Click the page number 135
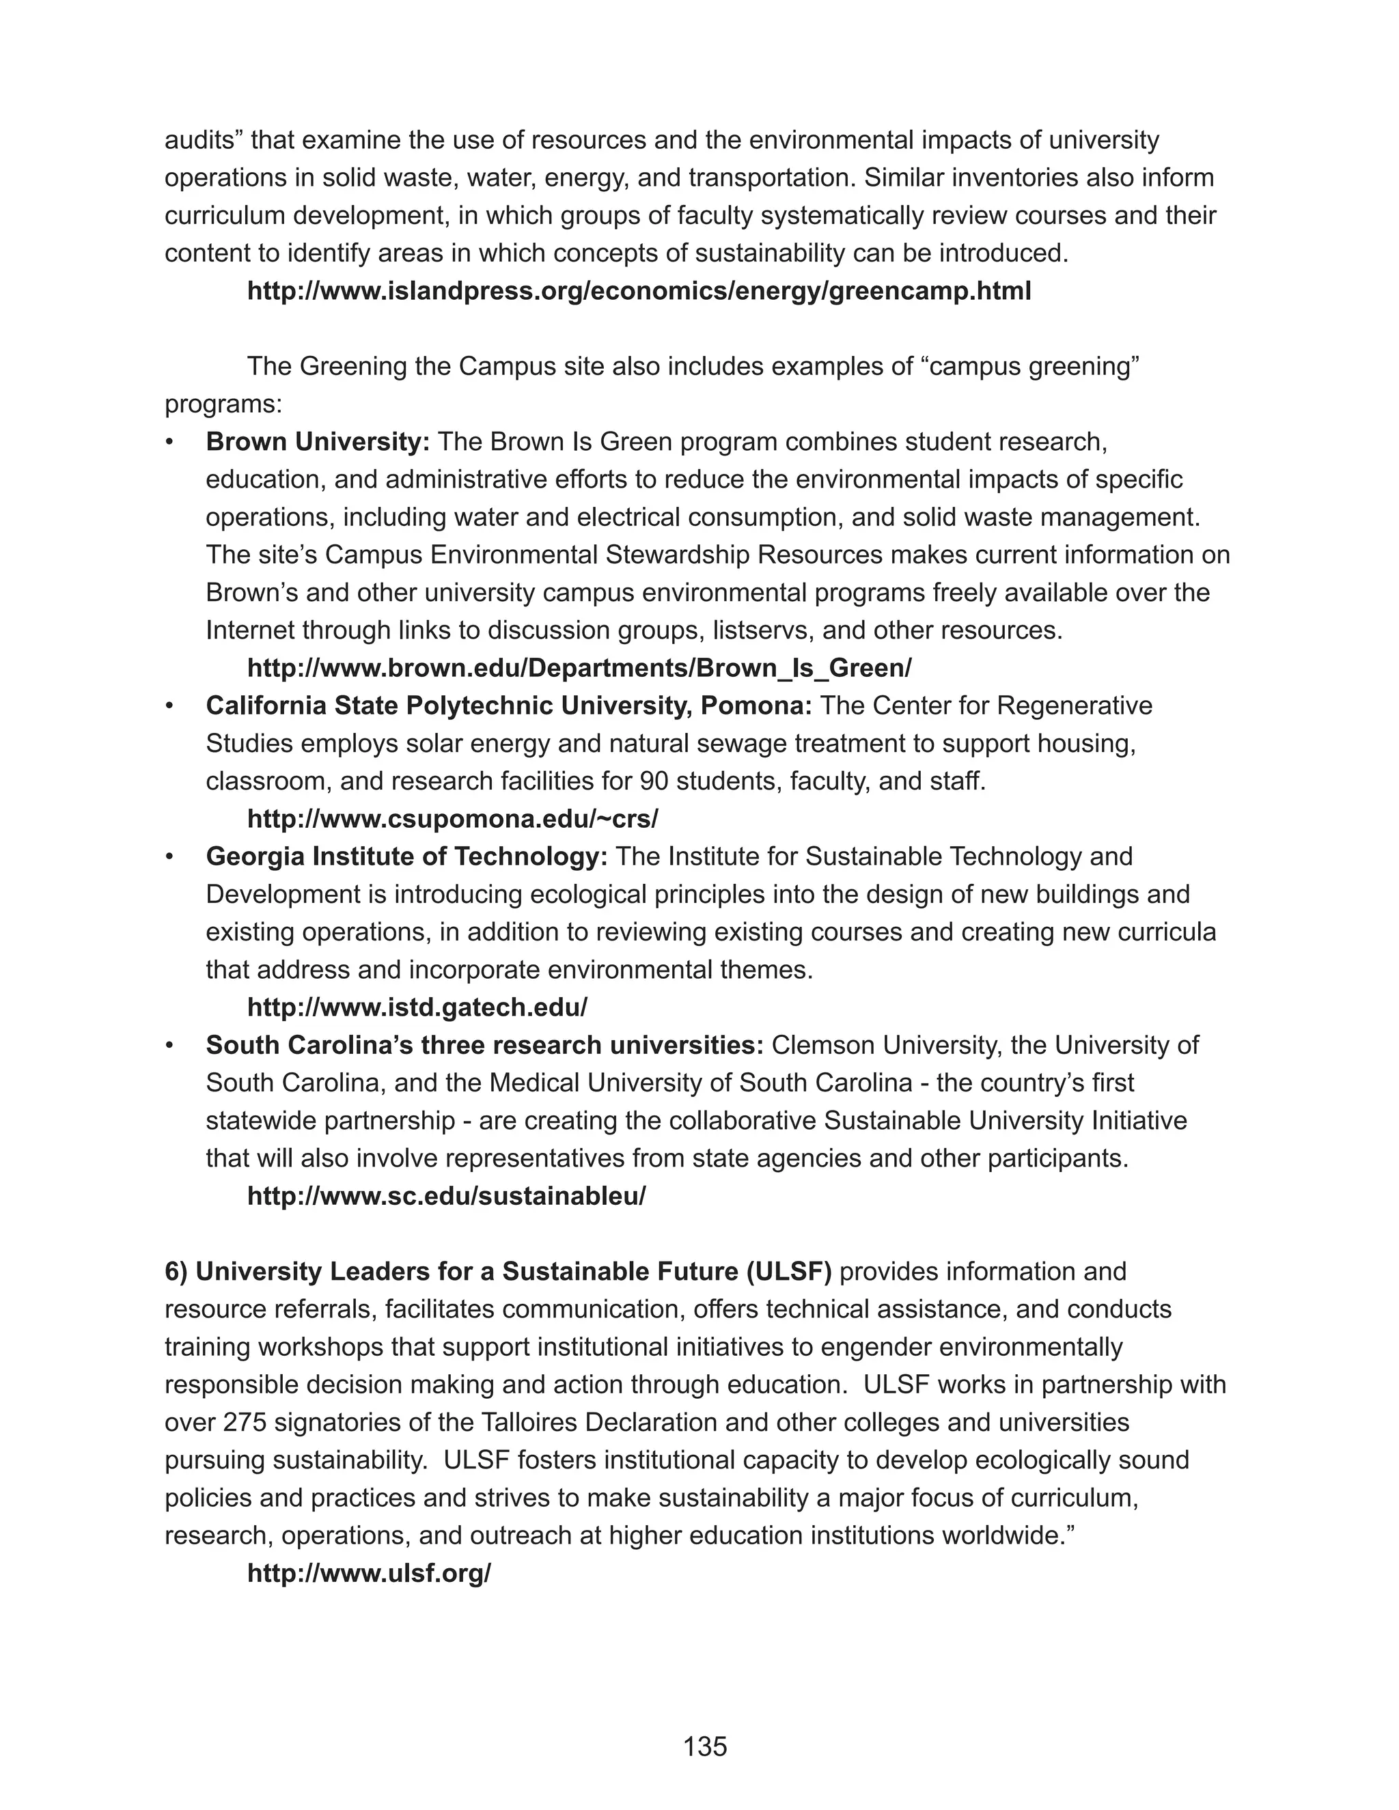coord(704,1746)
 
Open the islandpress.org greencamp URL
coord(639,292)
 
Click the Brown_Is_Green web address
coord(579,668)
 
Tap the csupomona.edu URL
coord(452,819)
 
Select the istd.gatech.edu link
coord(417,1007)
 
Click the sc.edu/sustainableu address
coord(446,1196)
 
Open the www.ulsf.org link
coord(369,1573)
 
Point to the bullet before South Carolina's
coord(170,1046)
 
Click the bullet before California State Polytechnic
coord(170,706)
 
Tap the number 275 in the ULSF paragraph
coord(245,1422)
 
